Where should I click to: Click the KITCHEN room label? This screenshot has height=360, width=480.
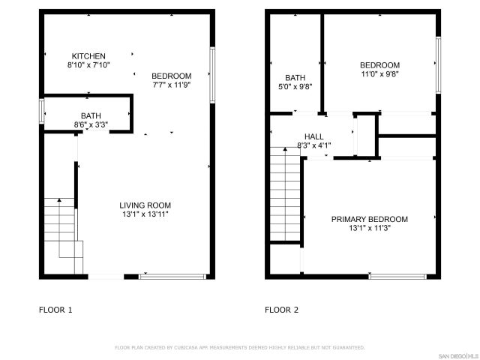(x=88, y=56)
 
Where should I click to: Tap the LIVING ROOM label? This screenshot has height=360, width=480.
(x=145, y=205)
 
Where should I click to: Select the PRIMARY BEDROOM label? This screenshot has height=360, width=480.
(x=370, y=219)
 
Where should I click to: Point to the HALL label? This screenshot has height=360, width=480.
(x=314, y=136)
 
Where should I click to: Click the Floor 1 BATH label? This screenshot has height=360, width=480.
(x=91, y=115)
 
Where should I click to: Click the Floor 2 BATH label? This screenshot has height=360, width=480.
(x=295, y=77)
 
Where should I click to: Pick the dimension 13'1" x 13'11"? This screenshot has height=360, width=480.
(x=145, y=214)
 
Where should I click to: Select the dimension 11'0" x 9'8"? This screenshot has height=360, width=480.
(x=379, y=74)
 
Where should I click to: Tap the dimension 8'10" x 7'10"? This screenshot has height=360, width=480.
(x=88, y=66)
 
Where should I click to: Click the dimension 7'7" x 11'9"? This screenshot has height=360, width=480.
(x=172, y=85)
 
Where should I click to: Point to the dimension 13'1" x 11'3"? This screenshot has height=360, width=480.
(x=370, y=228)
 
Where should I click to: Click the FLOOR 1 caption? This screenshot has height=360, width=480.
(x=55, y=309)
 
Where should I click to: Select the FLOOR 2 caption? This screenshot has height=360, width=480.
(x=282, y=309)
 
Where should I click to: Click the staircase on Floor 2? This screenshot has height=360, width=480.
(x=286, y=195)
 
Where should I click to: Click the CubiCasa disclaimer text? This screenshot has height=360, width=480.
(x=239, y=348)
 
